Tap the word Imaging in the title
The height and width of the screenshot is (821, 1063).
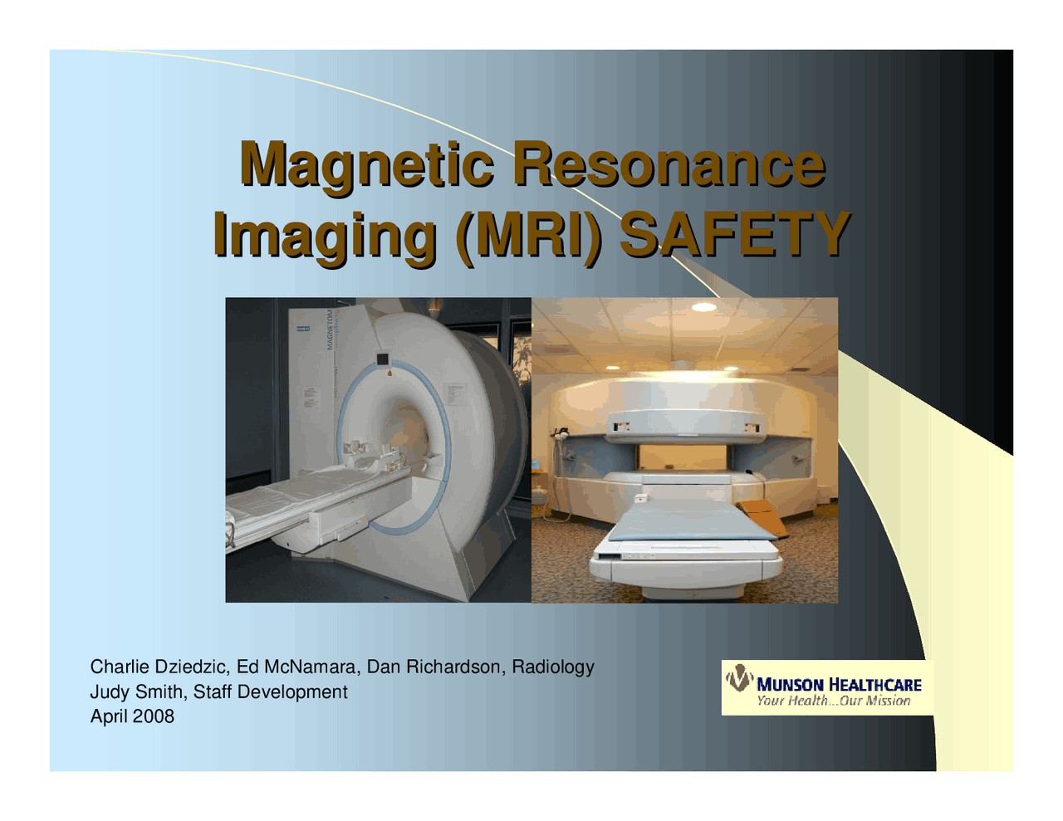[x=325, y=233]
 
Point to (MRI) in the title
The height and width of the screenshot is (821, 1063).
[x=528, y=233]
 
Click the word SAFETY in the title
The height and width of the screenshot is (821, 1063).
[x=735, y=233]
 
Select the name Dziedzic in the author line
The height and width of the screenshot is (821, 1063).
[x=187, y=667]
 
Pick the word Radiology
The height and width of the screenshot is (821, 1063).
[x=553, y=667]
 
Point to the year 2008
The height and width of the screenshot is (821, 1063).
[x=154, y=716]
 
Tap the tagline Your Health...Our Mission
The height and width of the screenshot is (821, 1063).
[x=833, y=701]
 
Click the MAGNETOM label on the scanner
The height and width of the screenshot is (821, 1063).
[x=330, y=328]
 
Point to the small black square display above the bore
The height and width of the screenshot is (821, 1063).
[x=382, y=359]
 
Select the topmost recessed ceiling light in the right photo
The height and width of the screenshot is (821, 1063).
[x=704, y=307]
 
